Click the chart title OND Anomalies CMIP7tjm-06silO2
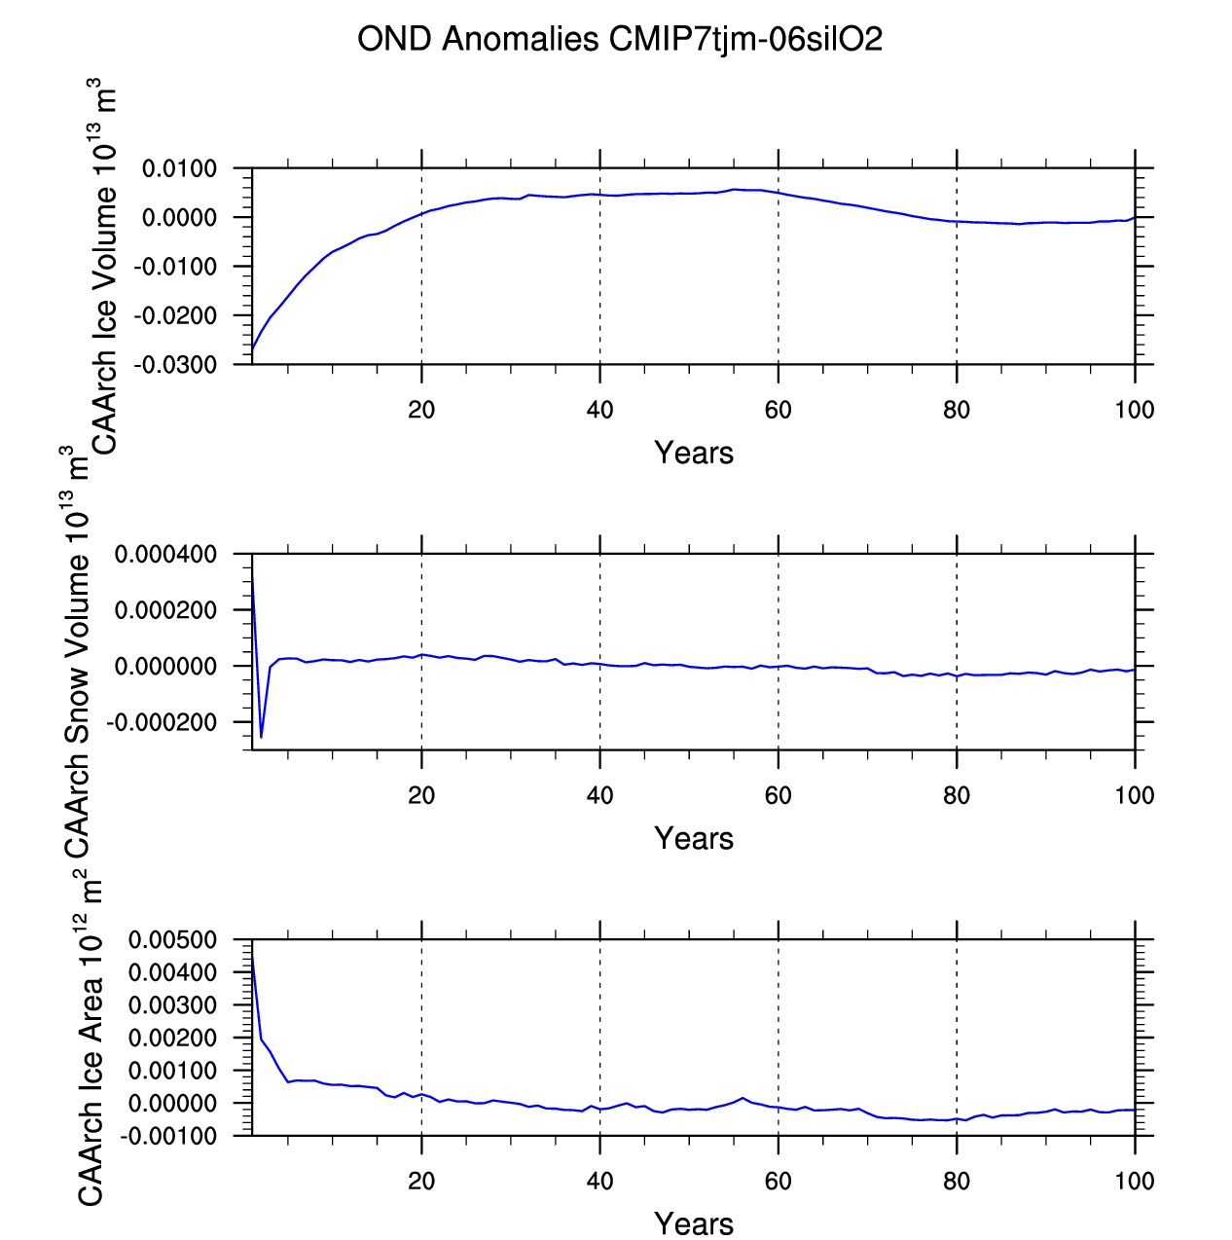pos(620,40)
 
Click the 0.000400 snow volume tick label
pos(165,555)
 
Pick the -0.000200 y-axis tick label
pos(163,722)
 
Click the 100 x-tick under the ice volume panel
pos(1135,410)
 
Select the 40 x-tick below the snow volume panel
pos(599,795)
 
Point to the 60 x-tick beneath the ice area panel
pos(779,1181)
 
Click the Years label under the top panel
pos(694,454)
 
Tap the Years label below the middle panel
pos(694,839)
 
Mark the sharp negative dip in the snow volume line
pos(261,737)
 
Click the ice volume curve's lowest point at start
pos(253,348)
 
